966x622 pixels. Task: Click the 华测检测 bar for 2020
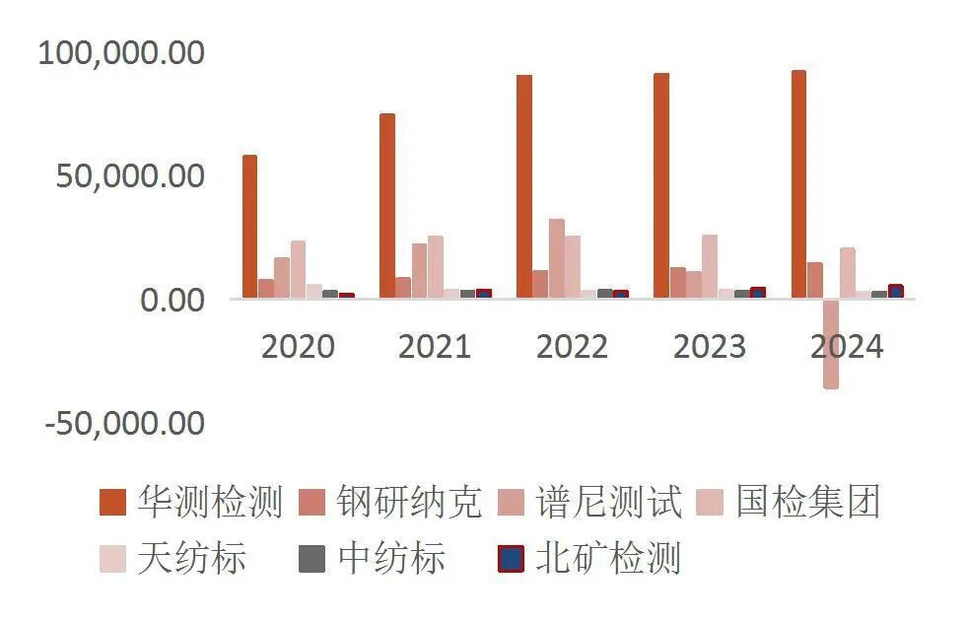pyautogui.click(x=250, y=227)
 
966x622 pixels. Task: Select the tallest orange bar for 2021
pyautogui.click(x=387, y=206)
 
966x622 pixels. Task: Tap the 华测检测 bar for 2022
pyautogui.click(x=524, y=186)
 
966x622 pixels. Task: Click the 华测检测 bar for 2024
pyautogui.click(x=798, y=184)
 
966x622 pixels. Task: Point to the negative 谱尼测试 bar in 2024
pyautogui.click(x=831, y=344)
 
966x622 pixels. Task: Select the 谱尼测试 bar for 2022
pyautogui.click(x=557, y=258)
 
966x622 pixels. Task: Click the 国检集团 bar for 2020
pyautogui.click(x=298, y=269)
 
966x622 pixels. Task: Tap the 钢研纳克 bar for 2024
pyautogui.click(x=815, y=280)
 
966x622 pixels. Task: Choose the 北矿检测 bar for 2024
pyautogui.click(x=895, y=292)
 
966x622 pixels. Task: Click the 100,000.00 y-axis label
pyautogui.click(x=121, y=52)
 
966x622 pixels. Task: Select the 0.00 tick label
pyautogui.click(x=172, y=300)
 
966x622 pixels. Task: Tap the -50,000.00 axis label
pyautogui.click(x=125, y=424)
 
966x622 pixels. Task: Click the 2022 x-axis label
pyautogui.click(x=572, y=347)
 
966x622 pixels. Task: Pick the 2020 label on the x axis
pyautogui.click(x=298, y=347)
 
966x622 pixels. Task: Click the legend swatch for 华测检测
pyautogui.click(x=113, y=503)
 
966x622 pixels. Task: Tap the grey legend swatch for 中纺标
pyautogui.click(x=311, y=560)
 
